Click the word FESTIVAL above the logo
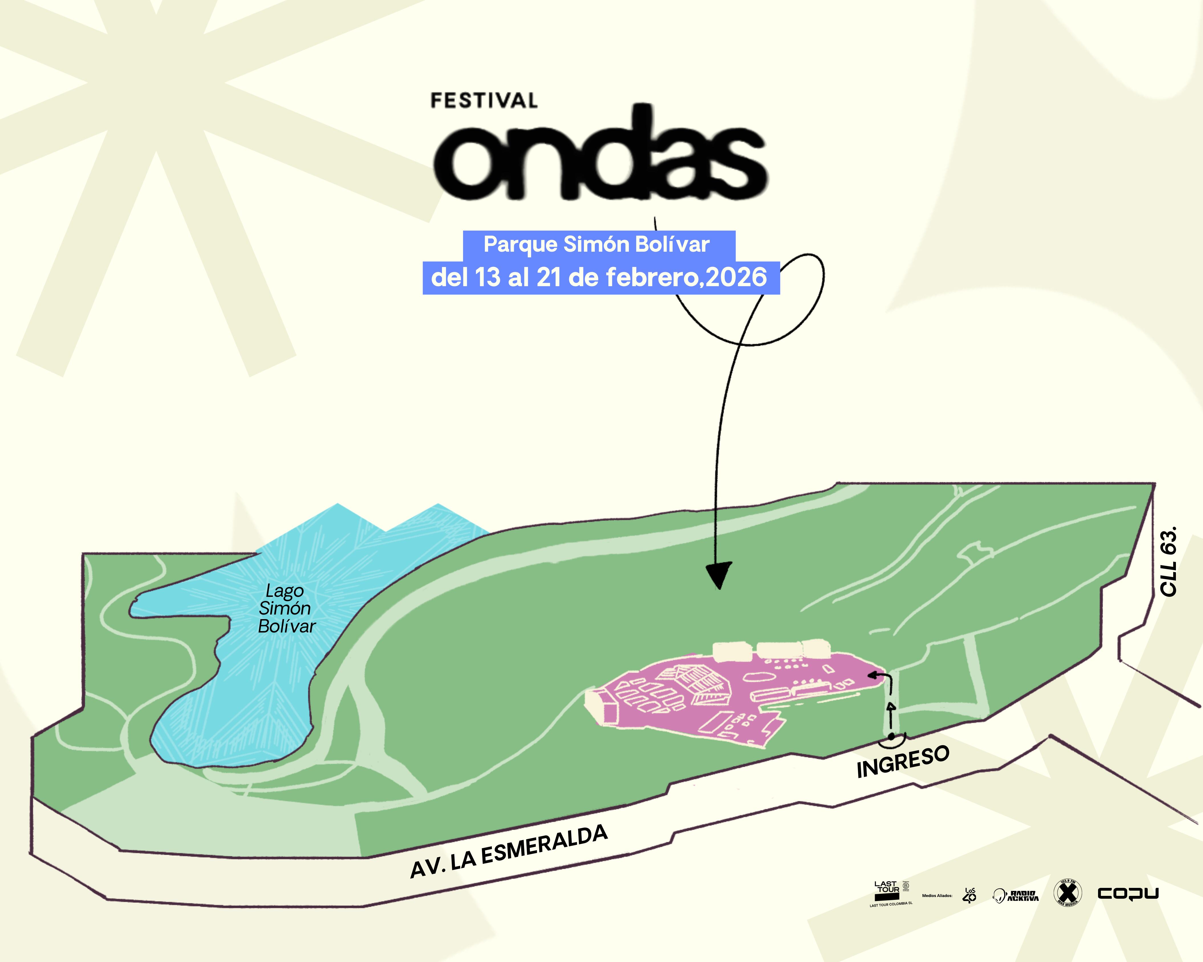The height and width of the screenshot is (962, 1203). (x=484, y=101)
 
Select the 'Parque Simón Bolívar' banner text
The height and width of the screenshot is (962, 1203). (x=597, y=244)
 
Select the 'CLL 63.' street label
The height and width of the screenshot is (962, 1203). (x=1168, y=560)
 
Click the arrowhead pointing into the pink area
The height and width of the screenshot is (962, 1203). (x=872, y=675)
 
